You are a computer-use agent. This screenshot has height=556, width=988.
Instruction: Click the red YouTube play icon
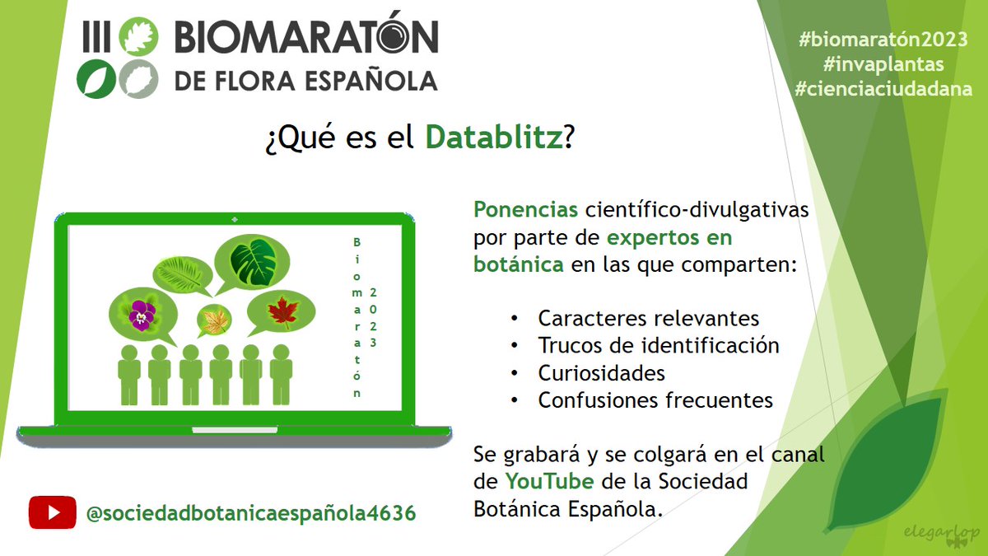(53, 512)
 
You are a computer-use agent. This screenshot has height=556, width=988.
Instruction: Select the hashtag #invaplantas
(882, 64)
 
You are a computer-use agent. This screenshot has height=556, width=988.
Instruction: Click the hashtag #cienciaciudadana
(883, 89)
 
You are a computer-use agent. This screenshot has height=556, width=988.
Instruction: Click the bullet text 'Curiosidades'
(601, 372)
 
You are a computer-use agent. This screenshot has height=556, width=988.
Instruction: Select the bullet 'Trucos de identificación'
(658, 345)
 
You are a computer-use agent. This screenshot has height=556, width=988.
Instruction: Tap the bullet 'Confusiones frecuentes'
(655, 400)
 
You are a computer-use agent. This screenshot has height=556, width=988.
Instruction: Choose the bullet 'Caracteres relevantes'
(648, 318)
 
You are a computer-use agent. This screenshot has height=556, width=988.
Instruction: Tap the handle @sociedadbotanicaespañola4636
(250, 513)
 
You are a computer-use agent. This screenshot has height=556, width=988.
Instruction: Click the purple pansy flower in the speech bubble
(142, 314)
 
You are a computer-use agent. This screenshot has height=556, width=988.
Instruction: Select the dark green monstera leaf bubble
(252, 261)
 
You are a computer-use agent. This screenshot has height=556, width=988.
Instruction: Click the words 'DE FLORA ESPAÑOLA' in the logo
(305, 81)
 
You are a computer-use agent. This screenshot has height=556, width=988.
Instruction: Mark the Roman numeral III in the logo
(96, 38)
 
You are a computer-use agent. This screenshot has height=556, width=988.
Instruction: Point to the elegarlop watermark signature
(951, 534)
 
